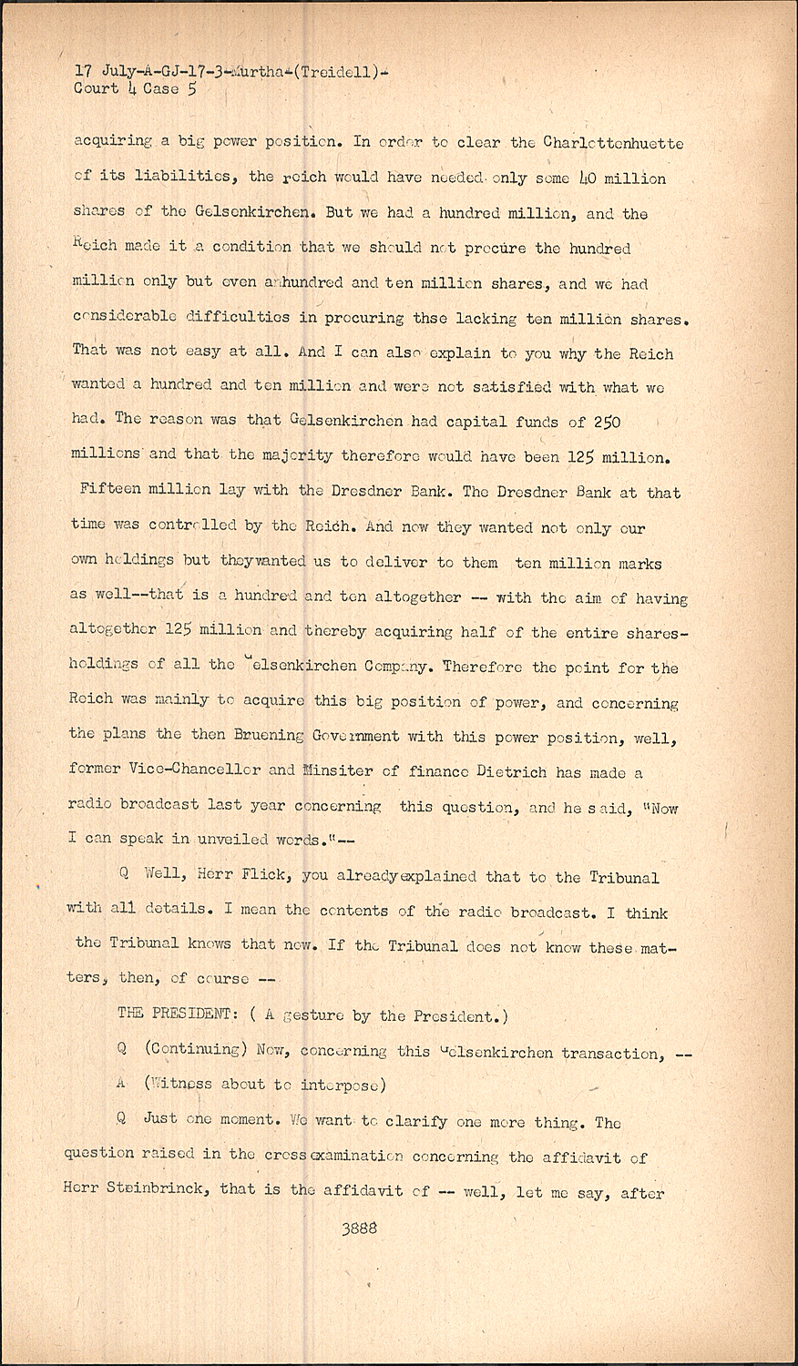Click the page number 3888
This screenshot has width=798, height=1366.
359,1228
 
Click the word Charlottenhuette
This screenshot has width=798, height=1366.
613,143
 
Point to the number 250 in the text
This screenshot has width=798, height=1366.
608,422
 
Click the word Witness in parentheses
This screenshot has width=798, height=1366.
182,1084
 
